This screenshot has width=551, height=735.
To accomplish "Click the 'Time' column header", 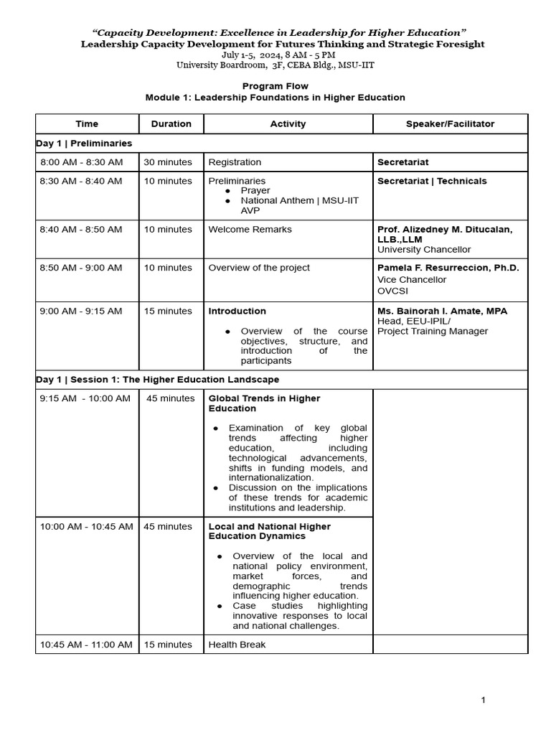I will coord(87,123).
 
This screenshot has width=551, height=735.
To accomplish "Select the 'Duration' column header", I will coord(171,123).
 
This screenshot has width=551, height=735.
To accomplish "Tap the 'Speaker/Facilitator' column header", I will coord(450,123).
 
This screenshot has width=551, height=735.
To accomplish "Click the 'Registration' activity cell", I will coord(235,162).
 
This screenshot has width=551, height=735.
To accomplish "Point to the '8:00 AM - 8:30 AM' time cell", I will coord(81,162).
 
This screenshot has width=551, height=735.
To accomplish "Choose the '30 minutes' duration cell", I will coord(168,162).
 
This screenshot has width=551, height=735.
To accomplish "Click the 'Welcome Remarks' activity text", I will coord(250,230).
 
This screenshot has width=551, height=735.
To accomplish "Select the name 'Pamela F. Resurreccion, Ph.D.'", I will coord(448,268).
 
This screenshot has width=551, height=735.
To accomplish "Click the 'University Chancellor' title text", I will coord(424,250).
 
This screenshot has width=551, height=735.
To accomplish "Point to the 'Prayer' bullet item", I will coord(255,191).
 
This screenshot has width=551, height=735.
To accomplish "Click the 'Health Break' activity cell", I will coord(237,645).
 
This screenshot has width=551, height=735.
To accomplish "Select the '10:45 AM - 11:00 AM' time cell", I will coord(86,645).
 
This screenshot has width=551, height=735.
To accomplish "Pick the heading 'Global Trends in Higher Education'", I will coord(264,403).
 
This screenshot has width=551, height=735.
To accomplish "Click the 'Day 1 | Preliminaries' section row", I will coord(84,144).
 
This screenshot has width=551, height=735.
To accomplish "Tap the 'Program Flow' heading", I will coord(275,86).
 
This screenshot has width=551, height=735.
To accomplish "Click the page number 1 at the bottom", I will coord(484,700).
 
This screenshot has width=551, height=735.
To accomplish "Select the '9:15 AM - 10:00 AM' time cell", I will coord(85,398).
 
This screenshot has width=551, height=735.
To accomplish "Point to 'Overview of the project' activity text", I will coord(259,268).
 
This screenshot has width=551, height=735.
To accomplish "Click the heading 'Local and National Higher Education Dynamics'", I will coord(269,531).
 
